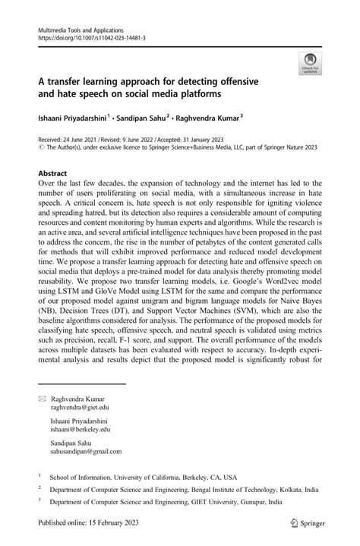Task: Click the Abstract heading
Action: pos(58,174)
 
